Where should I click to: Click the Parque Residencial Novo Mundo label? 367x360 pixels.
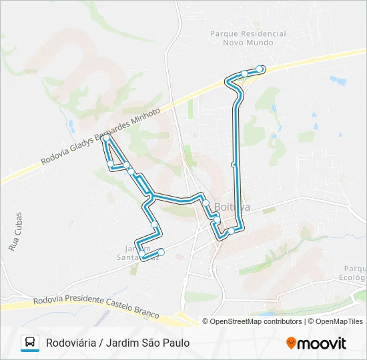(248, 38)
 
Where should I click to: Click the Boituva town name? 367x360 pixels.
(232, 207)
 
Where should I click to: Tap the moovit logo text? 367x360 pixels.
(323, 343)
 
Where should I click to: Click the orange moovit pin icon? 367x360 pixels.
(292, 343)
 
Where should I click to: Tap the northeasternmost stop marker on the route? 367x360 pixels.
(260, 69)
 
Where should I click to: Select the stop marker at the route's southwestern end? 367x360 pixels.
(161, 251)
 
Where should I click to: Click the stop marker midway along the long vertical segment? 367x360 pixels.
(234, 164)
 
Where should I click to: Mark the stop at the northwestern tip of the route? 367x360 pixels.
(106, 138)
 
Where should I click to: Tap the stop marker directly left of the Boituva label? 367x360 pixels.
(206, 203)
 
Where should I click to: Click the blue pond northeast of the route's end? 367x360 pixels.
(338, 80)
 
